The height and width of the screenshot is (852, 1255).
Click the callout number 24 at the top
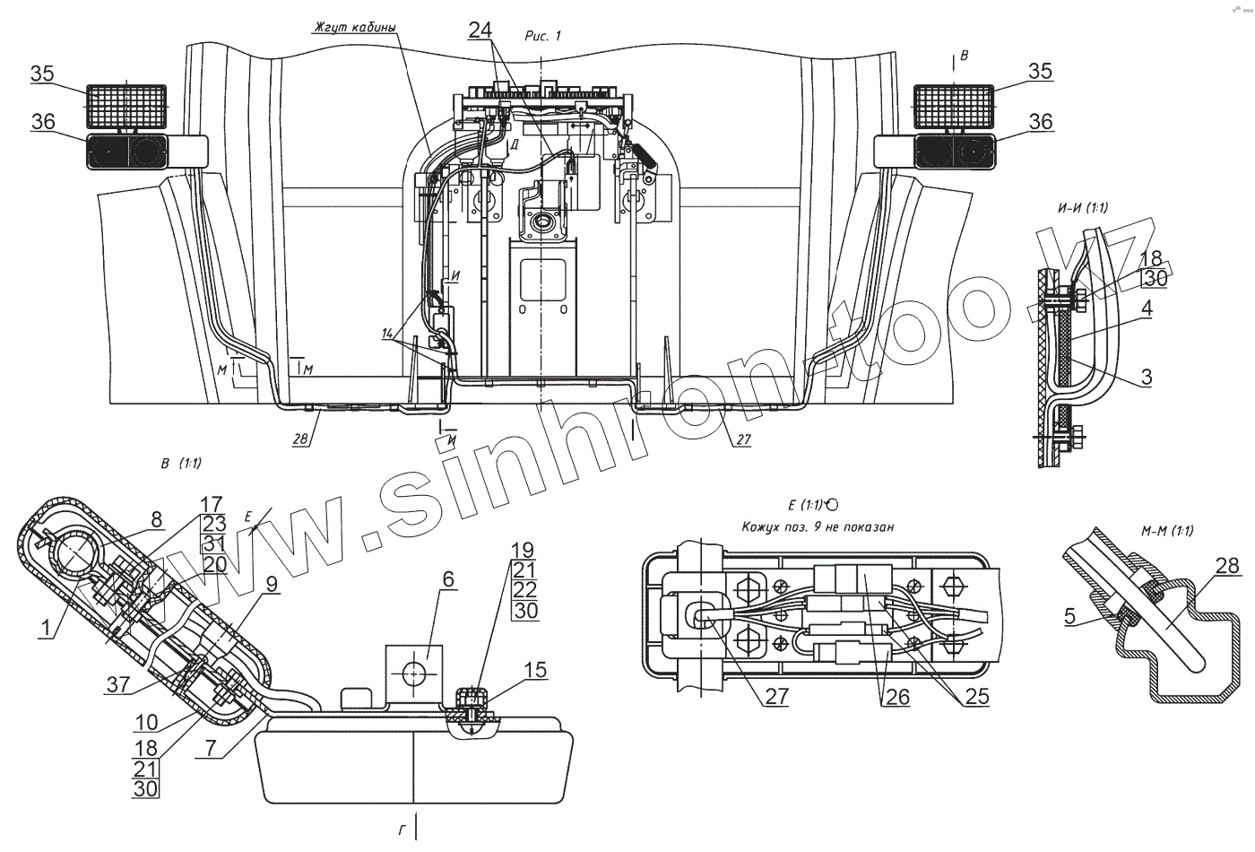pyautogui.click(x=480, y=29)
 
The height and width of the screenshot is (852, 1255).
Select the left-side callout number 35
pyautogui.click(x=42, y=74)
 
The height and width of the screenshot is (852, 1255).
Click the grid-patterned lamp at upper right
pyautogui.click(x=953, y=106)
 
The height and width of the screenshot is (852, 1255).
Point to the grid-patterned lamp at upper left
pyautogui.click(x=126, y=106)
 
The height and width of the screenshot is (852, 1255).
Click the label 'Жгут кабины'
pyautogui.click(x=353, y=25)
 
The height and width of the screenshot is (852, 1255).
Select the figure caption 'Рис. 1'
pyautogui.click(x=542, y=34)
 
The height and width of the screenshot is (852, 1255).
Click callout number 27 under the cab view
pyautogui.click(x=740, y=439)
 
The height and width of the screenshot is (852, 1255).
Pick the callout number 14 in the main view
pyautogui.click(x=387, y=333)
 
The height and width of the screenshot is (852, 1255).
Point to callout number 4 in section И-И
pyautogui.click(x=1147, y=309)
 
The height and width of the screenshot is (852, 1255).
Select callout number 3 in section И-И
pyautogui.click(x=1147, y=377)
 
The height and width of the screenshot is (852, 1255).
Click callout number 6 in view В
pyautogui.click(x=446, y=581)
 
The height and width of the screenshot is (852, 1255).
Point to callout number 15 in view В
pyautogui.click(x=534, y=670)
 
